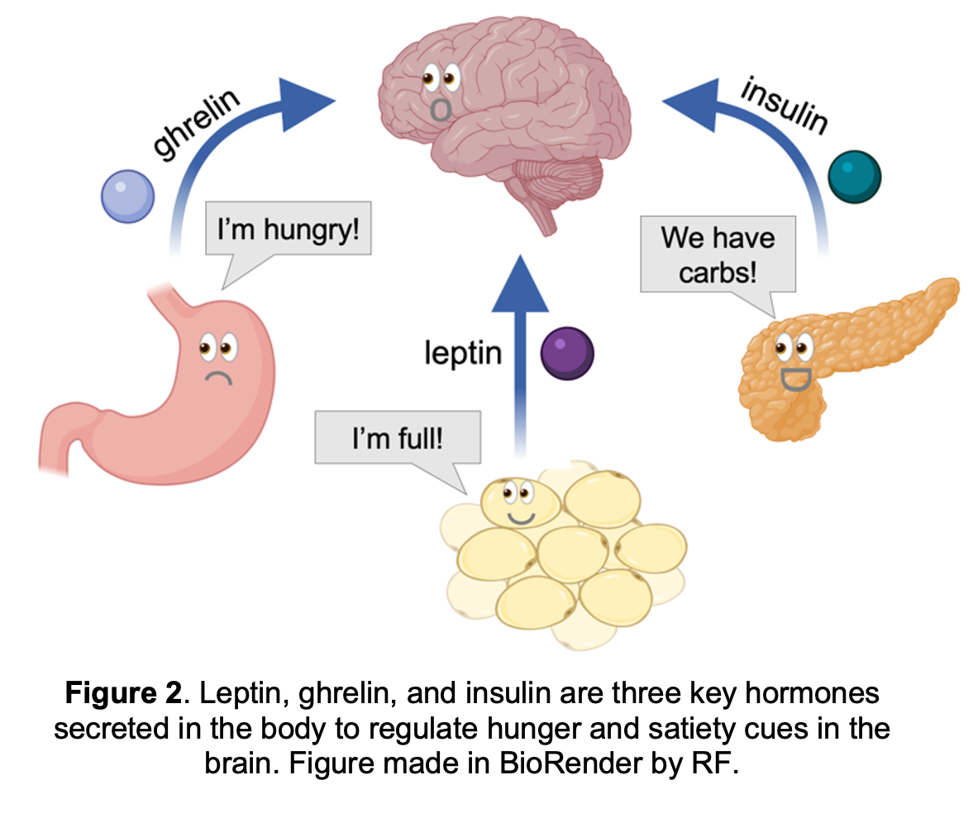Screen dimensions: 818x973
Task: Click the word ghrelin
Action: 197,124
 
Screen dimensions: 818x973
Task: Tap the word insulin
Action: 784,107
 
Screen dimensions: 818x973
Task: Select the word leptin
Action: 463,353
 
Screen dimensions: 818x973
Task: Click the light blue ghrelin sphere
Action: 127,196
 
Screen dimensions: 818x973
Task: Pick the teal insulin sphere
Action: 855,177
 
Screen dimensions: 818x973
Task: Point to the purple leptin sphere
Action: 567,353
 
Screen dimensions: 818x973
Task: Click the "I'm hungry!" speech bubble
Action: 289,229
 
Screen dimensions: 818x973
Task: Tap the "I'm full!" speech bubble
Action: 397,437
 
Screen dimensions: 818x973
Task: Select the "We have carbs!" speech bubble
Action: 718,254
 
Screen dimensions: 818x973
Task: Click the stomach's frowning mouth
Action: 217,378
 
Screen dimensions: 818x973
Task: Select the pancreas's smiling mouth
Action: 796,378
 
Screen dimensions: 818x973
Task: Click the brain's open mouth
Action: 442,108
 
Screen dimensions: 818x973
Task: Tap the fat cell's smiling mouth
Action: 521,518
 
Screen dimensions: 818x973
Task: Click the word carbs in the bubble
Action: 718,273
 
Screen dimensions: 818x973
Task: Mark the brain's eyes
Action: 440,79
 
